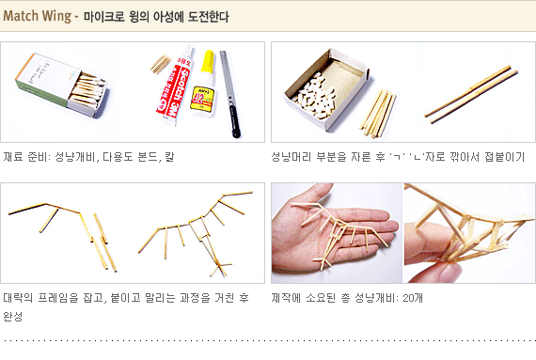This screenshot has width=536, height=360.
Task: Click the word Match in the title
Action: [x=21, y=16]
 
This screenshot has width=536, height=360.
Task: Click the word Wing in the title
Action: [x=56, y=17]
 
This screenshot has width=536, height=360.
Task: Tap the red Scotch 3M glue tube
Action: [x=174, y=86]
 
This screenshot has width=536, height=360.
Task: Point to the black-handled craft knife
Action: [x=229, y=94]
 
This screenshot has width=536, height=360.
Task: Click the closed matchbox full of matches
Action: [x=61, y=86]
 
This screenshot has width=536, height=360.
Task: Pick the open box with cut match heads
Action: [x=326, y=88]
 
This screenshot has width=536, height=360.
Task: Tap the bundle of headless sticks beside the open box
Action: [x=378, y=114]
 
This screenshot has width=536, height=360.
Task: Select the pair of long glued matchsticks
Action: [x=471, y=94]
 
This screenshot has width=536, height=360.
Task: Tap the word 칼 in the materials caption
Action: [x=169, y=157]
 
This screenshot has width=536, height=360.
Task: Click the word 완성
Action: [x=13, y=316]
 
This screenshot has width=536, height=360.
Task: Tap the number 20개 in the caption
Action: [x=413, y=298]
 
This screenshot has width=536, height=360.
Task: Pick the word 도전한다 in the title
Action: [x=208, y=17]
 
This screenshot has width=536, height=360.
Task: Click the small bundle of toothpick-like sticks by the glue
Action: [x=160, y=64]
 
